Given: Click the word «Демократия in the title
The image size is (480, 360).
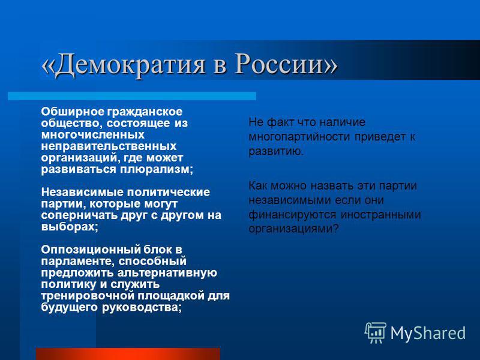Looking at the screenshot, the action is tap(124, 65).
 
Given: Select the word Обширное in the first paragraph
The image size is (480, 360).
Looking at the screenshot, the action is tap(73, 112).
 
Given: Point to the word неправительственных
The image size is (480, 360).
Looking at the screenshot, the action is tap(109, 146).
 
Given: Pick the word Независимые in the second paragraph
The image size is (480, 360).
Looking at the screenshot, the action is tap(82, 192).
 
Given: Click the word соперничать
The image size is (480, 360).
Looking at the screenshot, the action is tap(79, 215).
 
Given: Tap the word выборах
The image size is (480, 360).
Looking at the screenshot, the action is tap(69, 227).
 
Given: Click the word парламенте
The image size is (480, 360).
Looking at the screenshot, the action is tap(78, 262).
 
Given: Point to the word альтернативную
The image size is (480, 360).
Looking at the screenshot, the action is tap(167, 273).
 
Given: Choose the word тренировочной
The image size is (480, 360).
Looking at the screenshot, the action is tap(88, 296).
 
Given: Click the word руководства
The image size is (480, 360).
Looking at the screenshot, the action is tap(142, 308).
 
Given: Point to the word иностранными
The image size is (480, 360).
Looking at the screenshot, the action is tap(381, 215).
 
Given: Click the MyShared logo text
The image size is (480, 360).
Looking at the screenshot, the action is tap(428, 333).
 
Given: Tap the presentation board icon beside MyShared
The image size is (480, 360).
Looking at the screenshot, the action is tap(376, 332).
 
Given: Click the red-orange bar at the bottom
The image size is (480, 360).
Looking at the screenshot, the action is tap(128, 354).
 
